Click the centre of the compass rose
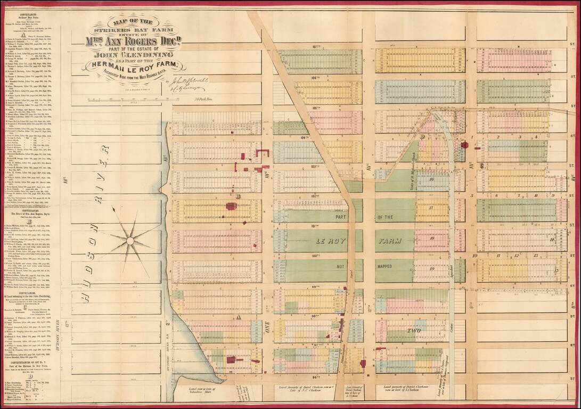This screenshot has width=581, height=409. point(130,241)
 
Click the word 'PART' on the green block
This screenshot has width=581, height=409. point(341,217)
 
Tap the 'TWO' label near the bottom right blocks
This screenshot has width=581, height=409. point(413,330)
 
